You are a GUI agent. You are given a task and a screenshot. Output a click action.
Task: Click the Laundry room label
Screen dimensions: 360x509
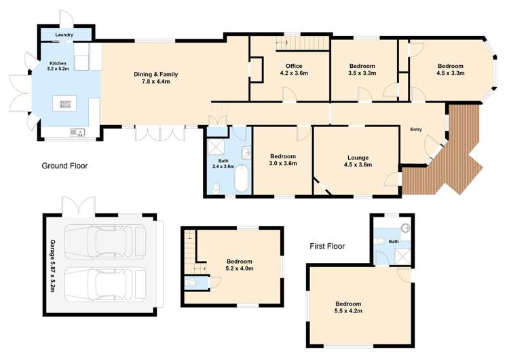pos(64,35)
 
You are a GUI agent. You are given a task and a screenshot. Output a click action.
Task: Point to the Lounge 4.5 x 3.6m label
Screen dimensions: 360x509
pos(358,160)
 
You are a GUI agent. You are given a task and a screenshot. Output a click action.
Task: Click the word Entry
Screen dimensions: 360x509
pos(415,130)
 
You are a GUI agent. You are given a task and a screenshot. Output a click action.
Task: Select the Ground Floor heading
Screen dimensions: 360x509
pos(64,166)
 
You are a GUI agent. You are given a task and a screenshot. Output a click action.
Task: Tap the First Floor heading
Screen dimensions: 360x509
pos(327,247)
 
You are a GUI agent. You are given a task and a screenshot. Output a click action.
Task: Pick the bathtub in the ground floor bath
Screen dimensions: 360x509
pos(240,181)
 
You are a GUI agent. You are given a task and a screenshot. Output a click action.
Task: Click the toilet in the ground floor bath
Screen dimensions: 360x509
pos(216,187)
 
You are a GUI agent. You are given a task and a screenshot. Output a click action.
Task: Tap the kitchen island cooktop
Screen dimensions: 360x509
pos(66,105)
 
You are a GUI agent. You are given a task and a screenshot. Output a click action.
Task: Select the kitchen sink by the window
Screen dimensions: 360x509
pos(75,132)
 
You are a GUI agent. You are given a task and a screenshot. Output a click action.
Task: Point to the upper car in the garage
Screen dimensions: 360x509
pos(111,240)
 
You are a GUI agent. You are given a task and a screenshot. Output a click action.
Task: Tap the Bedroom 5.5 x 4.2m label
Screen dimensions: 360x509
pos(347,308)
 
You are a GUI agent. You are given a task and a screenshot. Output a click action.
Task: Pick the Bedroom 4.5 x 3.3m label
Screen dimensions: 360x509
pos(450,69)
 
